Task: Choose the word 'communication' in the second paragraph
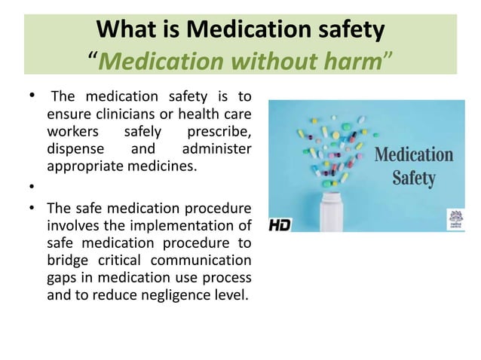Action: coord(207,260)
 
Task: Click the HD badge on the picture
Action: coord(280,224)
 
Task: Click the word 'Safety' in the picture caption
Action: coord(413,179)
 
